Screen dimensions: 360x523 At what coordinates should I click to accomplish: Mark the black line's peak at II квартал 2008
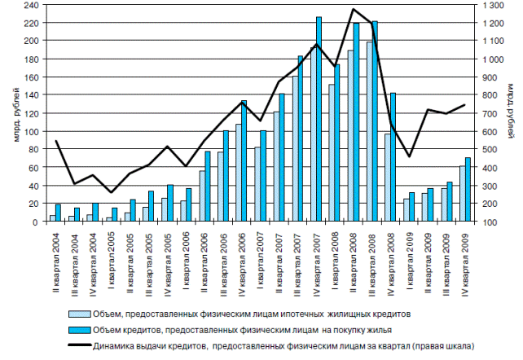click(x=354, y=10)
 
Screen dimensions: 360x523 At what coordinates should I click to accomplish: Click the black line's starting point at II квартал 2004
click(x=55, y=141)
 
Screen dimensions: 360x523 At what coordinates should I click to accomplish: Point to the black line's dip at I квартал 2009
click(x=410, y=156)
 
